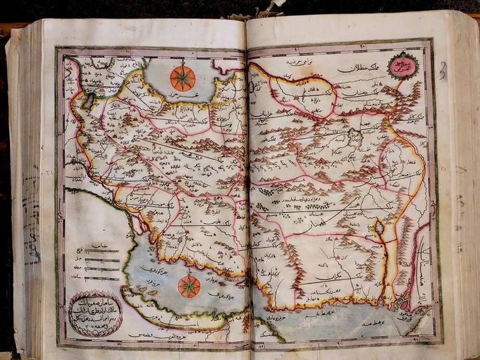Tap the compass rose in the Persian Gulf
pos(189,286)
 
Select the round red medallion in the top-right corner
pos(403,65)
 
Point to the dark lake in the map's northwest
pos(90,101)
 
